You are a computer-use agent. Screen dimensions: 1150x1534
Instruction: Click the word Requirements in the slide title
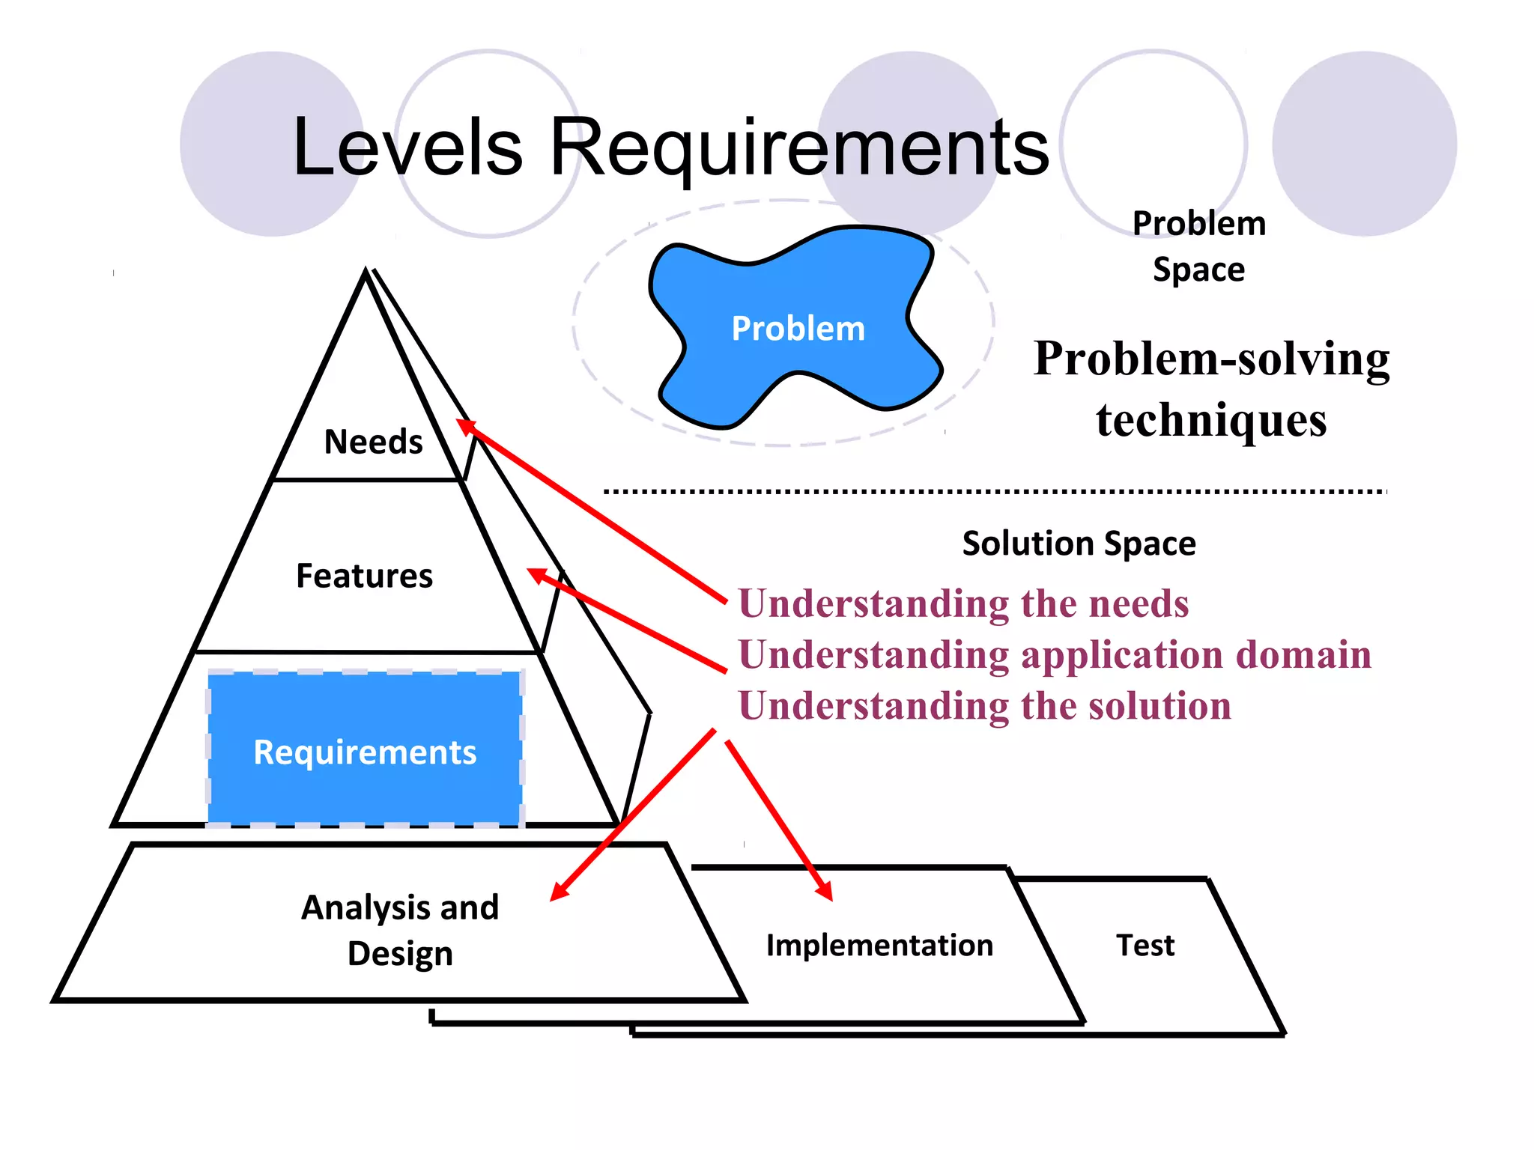(x=799, y=147)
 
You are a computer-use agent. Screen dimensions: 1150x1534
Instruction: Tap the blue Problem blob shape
(x=797, y=328)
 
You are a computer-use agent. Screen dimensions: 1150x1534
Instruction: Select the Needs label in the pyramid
(x=373, y=442)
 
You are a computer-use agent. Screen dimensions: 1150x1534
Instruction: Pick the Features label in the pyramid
(x=364, y=576)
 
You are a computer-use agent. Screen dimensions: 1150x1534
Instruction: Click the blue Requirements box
(x=365, y=751)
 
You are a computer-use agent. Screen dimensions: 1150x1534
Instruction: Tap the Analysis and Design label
(x=400, y=929)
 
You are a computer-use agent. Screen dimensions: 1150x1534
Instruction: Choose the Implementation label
(x=879, y=945)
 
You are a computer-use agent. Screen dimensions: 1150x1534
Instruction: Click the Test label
(x=1145, y=945)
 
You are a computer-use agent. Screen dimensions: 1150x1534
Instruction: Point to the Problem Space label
(x=1198, y=246)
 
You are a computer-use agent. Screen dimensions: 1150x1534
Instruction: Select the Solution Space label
(x=1079, y=543)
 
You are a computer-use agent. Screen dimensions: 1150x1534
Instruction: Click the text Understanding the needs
(x=963, y=603)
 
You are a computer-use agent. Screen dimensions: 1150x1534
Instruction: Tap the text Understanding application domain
(x=1055, y=654)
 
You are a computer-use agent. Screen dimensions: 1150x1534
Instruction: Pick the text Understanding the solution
(x=984, y=705)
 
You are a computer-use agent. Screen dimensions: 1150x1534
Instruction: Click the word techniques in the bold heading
(x=1211, y=419)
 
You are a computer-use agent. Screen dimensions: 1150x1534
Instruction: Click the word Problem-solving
(x=1211, y=359)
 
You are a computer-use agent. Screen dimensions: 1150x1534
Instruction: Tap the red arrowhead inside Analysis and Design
(x=559, y=892)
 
